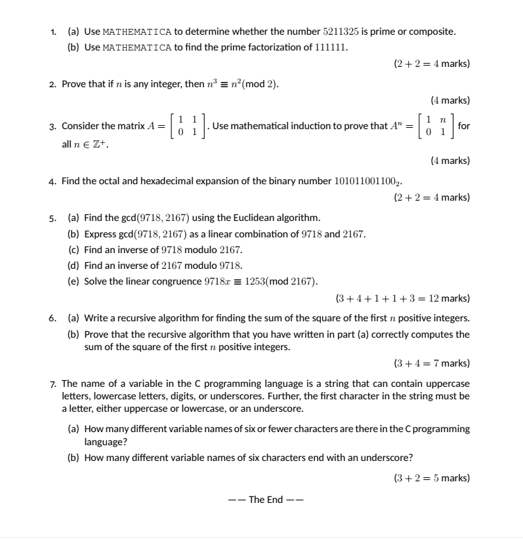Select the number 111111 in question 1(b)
[329, 48]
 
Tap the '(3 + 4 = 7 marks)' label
[432, 363]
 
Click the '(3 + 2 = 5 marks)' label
[432, 477]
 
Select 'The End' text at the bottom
[266, 500]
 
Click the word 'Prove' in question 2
[74, 84]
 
